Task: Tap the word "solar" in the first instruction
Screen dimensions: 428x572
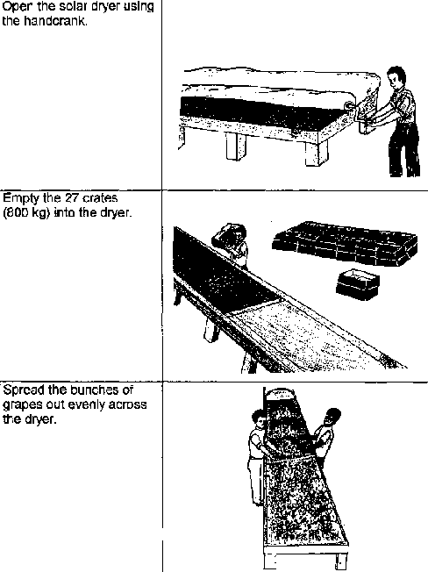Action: point(72,6)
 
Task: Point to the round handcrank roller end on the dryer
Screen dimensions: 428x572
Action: point(350,105)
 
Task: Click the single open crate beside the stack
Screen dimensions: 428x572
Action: point(358,284)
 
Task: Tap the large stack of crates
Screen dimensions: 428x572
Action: point(344,242)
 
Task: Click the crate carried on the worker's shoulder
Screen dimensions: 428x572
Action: point(225,234)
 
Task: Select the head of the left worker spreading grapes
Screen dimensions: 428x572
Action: point(259,418)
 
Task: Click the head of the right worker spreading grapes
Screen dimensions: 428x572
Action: point(331,418)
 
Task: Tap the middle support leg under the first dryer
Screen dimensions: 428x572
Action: point(236,146)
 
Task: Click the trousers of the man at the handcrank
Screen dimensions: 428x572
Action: point(404,150)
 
